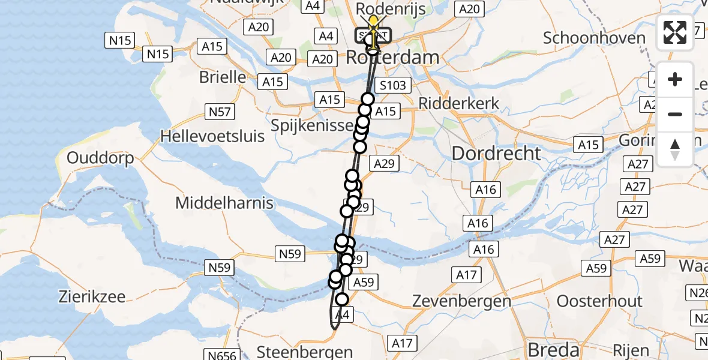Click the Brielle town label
click(x=223, y=77)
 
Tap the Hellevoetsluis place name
click(x=212, y=136)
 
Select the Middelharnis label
click(x=224, y=203)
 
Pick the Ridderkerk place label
click(x=459, y=103)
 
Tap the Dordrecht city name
click(x=496, y=153)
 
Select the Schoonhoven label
click(x=595, y=38)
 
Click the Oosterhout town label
click(x=600, y=301)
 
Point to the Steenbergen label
click(x=304, y=350)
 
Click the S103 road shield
click(x=393, y=85)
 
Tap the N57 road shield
click(x=221, y=112)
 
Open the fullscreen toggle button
click(x=675, y=32)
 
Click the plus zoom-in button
click(x=675, y=79)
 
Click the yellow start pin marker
click(x=374, y=27)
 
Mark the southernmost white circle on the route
click(x=342, y=299)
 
